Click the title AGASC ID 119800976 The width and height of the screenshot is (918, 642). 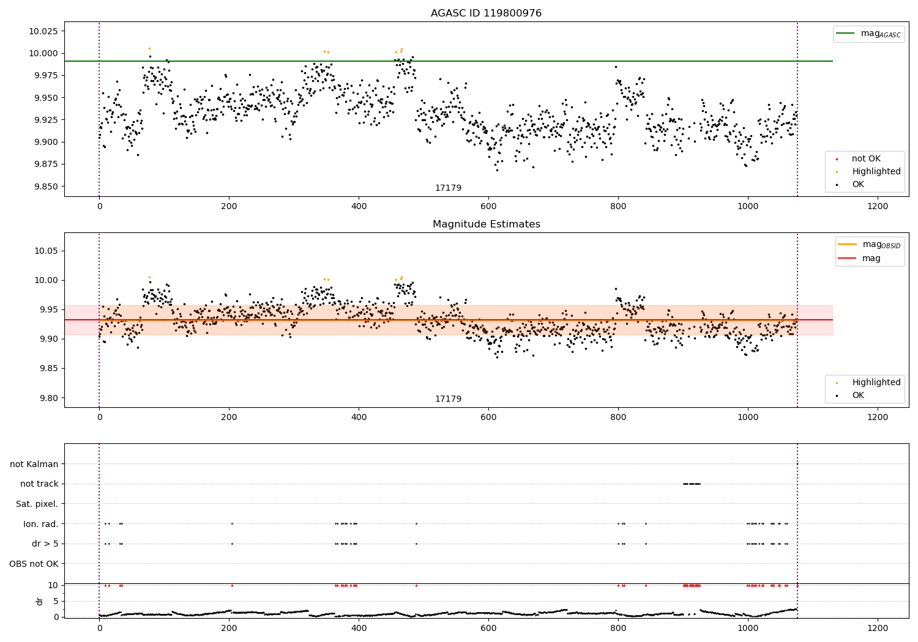click(x=486, y=13)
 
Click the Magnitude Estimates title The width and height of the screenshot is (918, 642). click(x=486, y=224)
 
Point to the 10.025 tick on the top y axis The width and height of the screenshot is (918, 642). click(x=42, y=31)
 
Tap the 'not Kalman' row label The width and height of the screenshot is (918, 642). click(x=34, y=464)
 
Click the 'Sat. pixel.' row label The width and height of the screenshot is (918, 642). click(x=37, y=504)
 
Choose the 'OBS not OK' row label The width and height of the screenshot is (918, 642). click(x=34, y=564)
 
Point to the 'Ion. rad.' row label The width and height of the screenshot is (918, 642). click(x=41, y=524)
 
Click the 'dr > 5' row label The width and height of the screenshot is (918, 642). click(x=45, y=544)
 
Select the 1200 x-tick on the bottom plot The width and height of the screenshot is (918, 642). click(x=878, y=628)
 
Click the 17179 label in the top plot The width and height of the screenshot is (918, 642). click(x=448, y=188)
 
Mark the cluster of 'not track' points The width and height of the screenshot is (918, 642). click(x=691, y=484)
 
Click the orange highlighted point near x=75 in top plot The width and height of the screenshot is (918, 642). click(x=149, y=48)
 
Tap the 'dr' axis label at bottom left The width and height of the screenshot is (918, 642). click(x=40, y=601)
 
